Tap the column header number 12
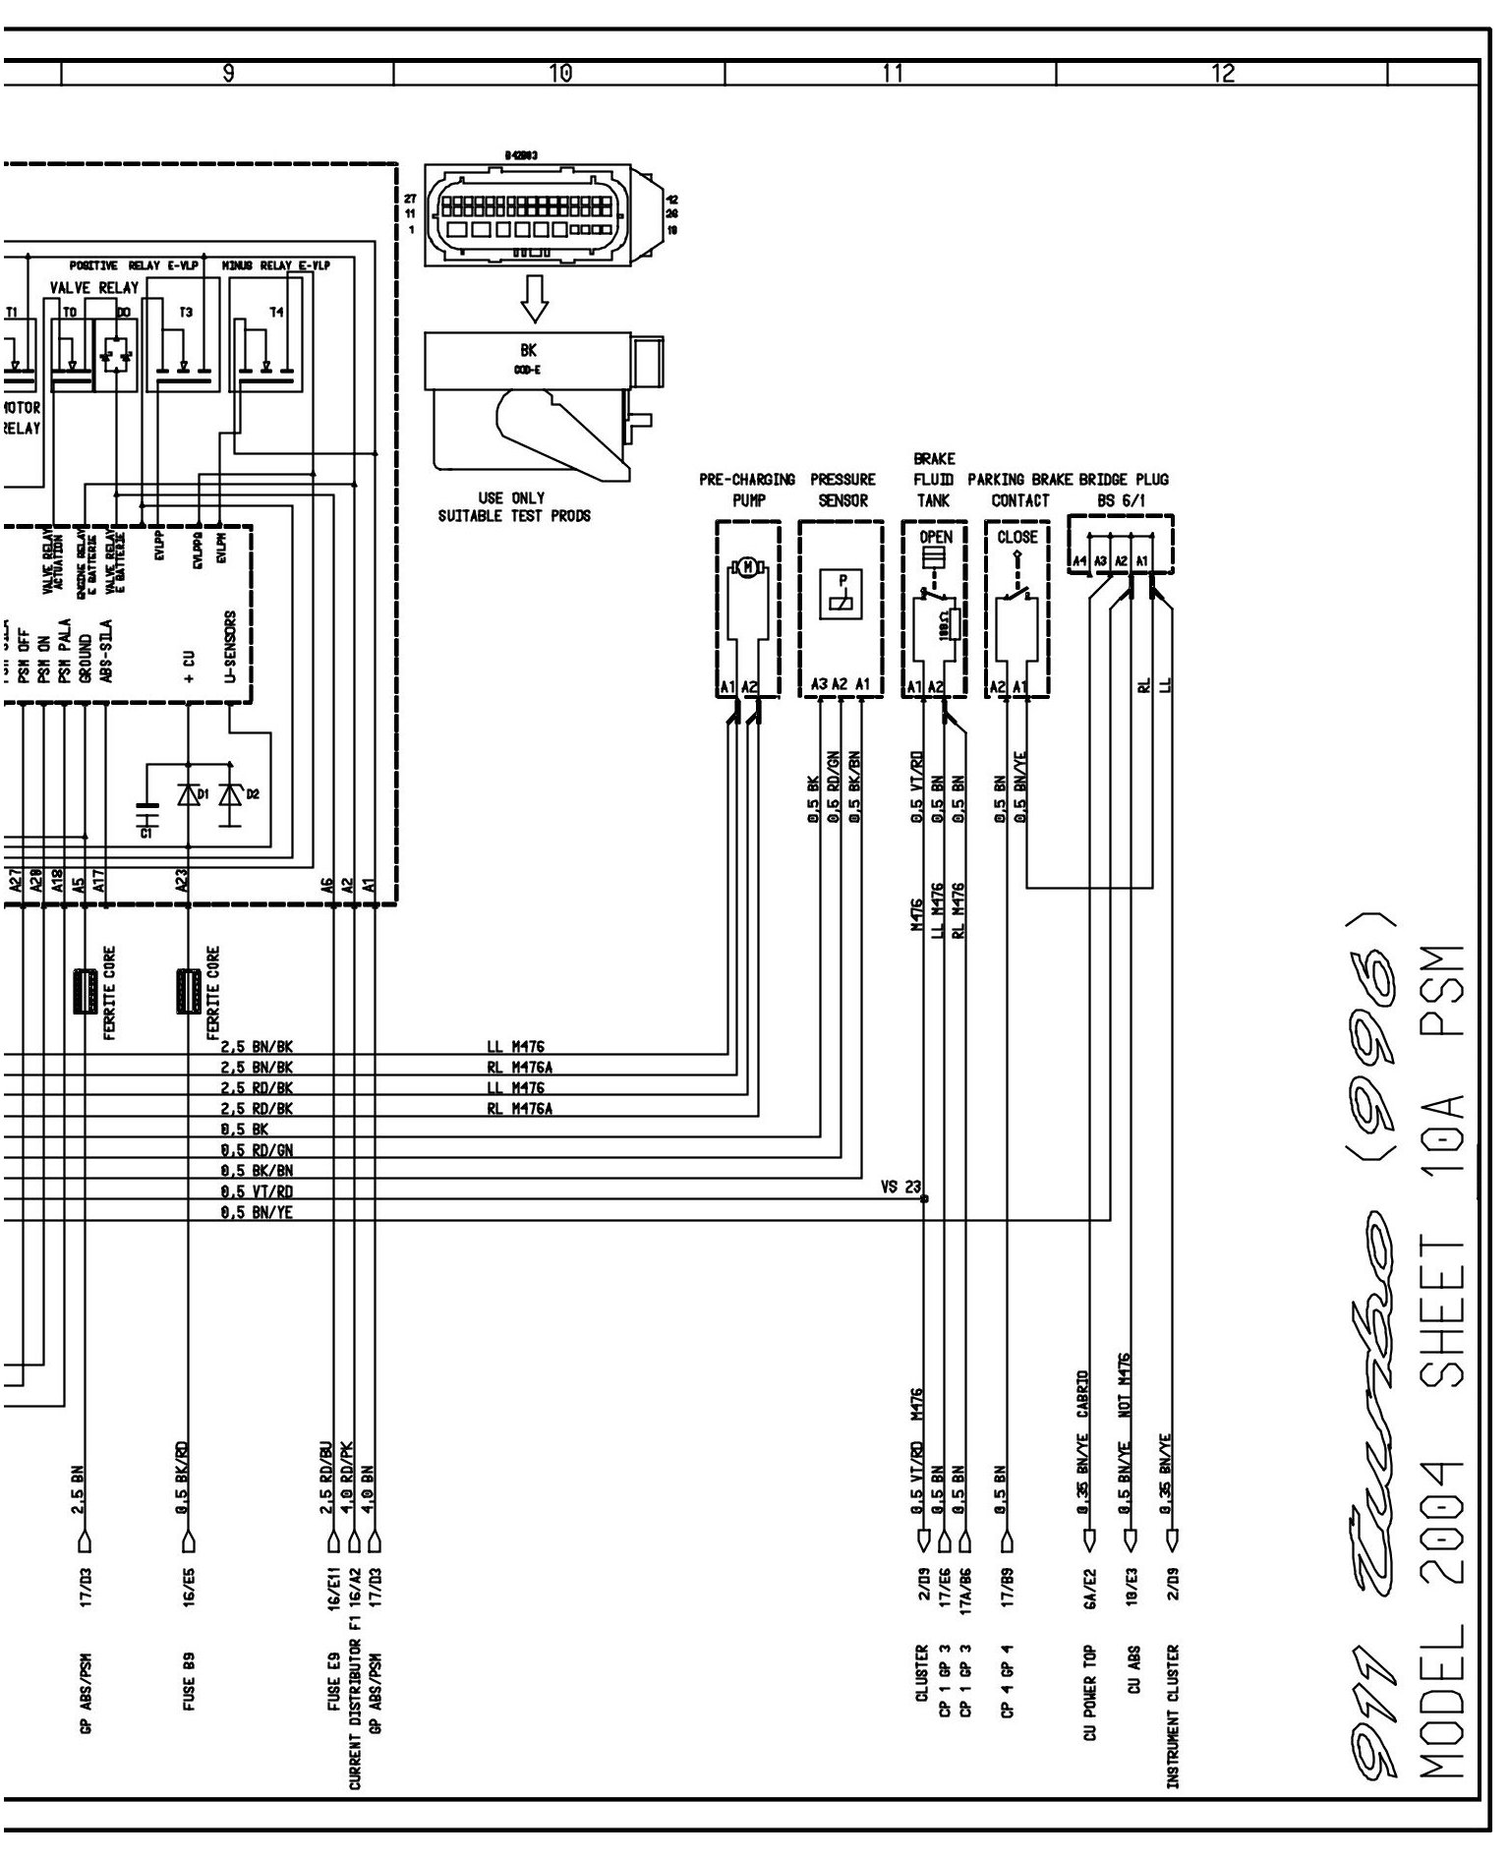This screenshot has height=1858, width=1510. tap(1223, 73)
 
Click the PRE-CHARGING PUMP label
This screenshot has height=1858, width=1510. tap(747, 490)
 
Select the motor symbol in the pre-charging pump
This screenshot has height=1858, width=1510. tap(748, 566)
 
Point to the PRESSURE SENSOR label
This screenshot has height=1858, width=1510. tap(842, 490)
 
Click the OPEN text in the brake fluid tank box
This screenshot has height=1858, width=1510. tap(935, 538)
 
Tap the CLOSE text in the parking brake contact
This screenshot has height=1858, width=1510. tap(1017, 538)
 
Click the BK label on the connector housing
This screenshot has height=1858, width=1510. tap(529, 350)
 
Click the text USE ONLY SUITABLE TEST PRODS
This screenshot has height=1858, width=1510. tap(514, 507)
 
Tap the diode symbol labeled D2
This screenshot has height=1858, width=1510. tap(231, 793)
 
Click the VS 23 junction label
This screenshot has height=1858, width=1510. tap(900, 1188)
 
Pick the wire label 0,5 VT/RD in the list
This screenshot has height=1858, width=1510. tap(257, 1191)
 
